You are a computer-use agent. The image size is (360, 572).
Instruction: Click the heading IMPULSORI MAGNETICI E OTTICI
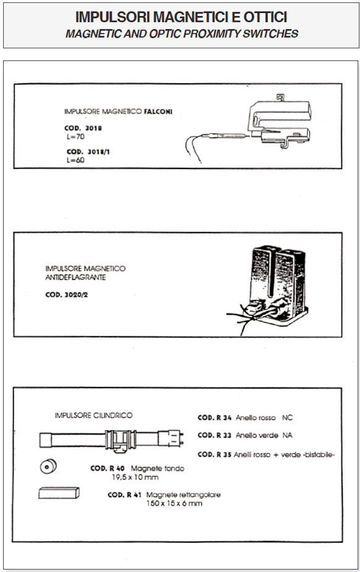[181, 17]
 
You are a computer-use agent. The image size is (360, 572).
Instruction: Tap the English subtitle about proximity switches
[182, 33]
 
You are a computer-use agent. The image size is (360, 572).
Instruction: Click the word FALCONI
[157, 112]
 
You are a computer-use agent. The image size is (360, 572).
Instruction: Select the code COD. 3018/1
[88, 152]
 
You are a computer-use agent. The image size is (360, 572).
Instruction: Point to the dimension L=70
[75, 137]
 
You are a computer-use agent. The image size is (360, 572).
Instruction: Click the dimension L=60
[75, 160]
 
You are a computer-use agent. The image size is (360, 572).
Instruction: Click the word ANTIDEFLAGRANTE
[75, 278]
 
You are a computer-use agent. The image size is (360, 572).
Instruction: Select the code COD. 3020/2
[67, 295]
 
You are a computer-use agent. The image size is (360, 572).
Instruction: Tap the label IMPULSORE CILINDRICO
[94, 415]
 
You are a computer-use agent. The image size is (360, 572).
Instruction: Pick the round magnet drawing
[48, 466]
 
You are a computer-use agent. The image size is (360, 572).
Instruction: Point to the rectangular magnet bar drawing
[59, 493]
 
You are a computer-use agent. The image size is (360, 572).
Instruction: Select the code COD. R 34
[215, 418]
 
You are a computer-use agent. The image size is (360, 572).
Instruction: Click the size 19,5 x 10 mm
[135, 478]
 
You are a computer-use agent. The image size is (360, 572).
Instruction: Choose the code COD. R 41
[125, 495]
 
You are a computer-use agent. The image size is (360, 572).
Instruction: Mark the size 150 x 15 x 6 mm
[174, 504]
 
